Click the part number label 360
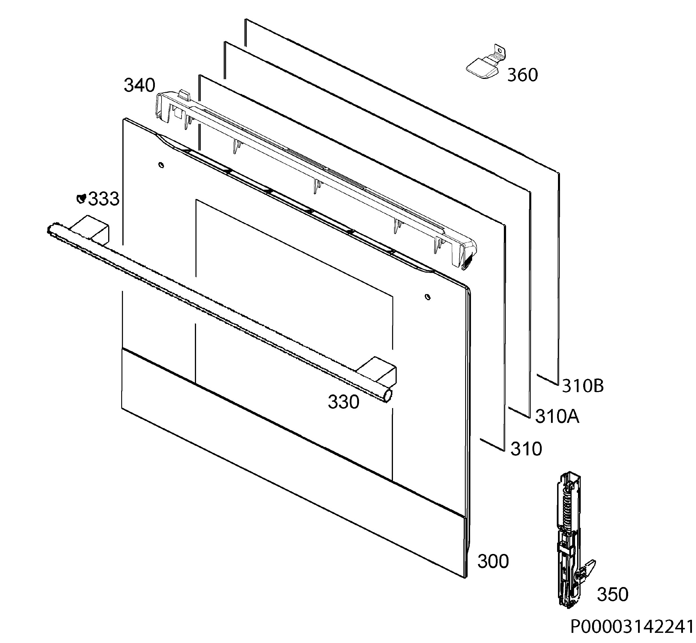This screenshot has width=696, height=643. (x=522, y=75)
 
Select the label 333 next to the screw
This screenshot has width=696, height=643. (x=104, y=199)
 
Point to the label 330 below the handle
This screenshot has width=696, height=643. (x=343, y=402)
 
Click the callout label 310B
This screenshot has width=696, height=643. (x=583, y=386)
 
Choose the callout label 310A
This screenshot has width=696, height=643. (x=557, y=416)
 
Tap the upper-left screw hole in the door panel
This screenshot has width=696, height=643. (x=161, y=165)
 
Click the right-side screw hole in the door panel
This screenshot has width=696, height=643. (x=428, y=297)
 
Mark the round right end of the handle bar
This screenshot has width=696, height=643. (x=387, y=397)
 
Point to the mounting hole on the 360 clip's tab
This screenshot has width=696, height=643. (x=500, y=51)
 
